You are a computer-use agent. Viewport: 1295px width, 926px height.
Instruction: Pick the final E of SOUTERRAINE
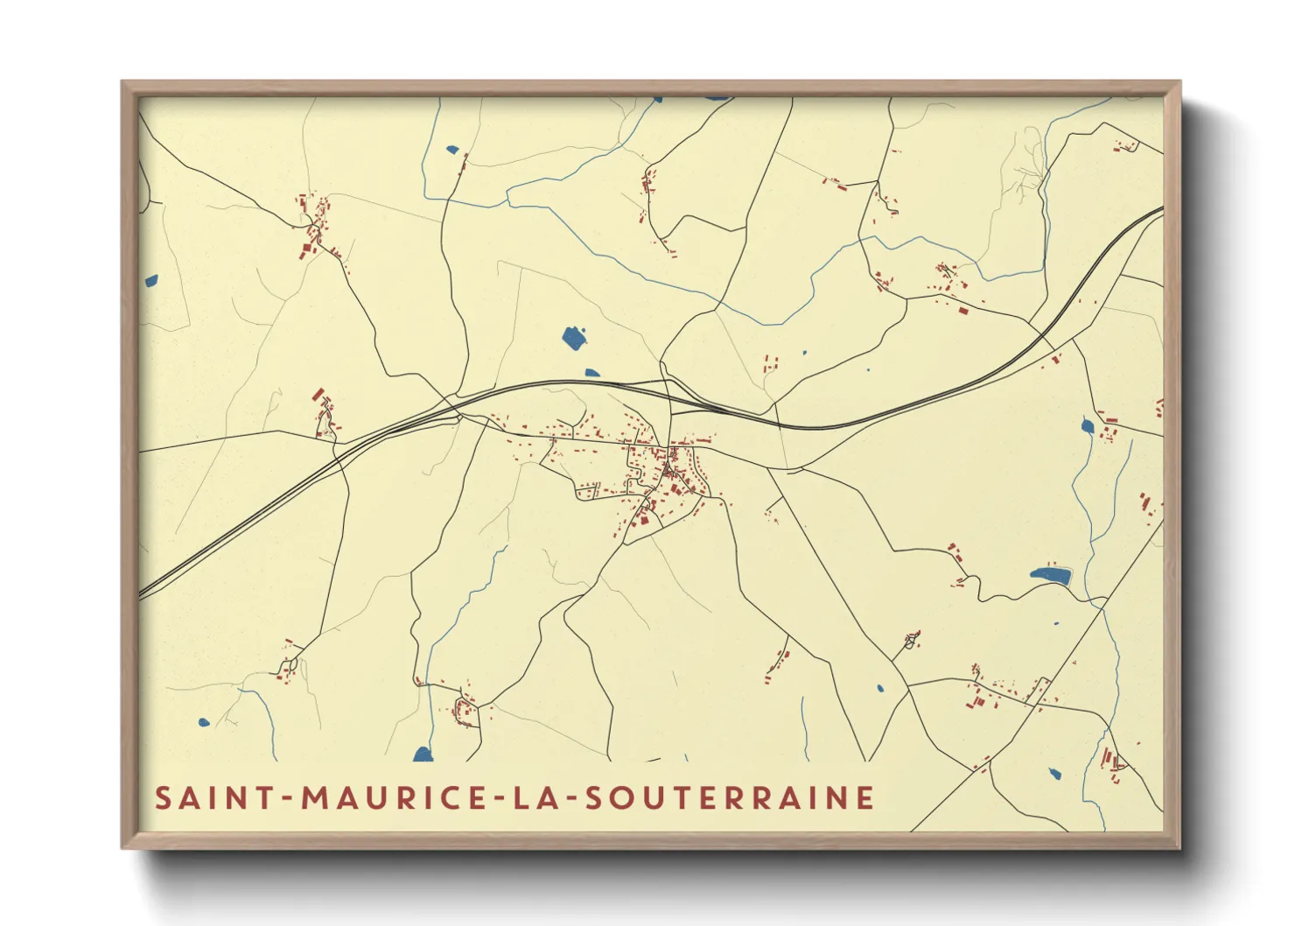click(x=865, y=798)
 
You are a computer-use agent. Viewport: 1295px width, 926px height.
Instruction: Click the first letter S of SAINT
click(x=164, y=798)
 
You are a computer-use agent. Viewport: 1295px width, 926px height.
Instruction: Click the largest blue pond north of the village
click(x=574, y=337)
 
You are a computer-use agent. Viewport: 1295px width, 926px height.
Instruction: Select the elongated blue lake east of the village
click(x=1051, y=575)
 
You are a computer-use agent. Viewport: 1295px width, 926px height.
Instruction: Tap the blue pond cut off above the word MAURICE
click(x=423, y=754)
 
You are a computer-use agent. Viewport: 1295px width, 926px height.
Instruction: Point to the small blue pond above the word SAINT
click(x=204, y=723)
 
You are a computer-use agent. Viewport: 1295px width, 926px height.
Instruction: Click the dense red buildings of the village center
click(x=665, y=464)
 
